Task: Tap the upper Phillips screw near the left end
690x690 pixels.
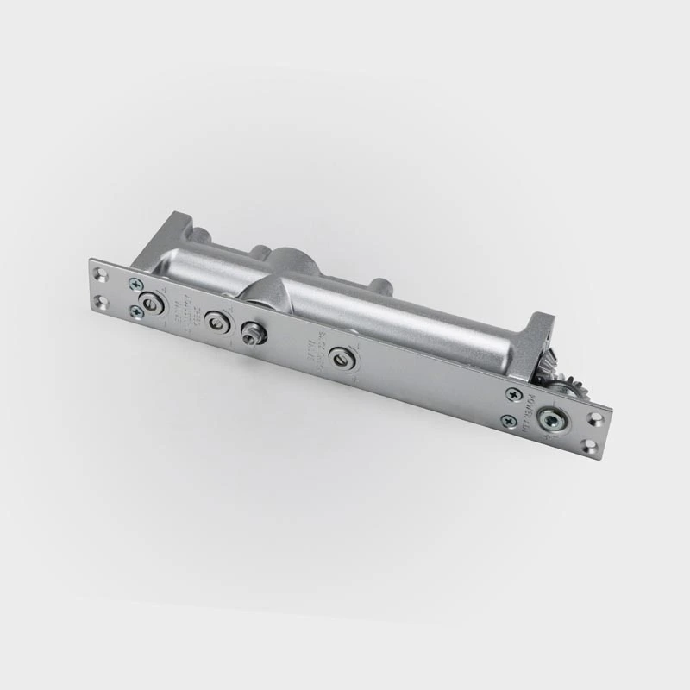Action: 135,284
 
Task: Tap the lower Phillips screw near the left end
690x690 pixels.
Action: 136,312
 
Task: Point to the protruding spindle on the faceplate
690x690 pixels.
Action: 250,334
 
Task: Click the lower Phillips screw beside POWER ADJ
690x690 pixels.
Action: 508,421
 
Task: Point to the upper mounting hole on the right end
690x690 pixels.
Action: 593,418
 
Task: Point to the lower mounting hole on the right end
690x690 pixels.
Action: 589,446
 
